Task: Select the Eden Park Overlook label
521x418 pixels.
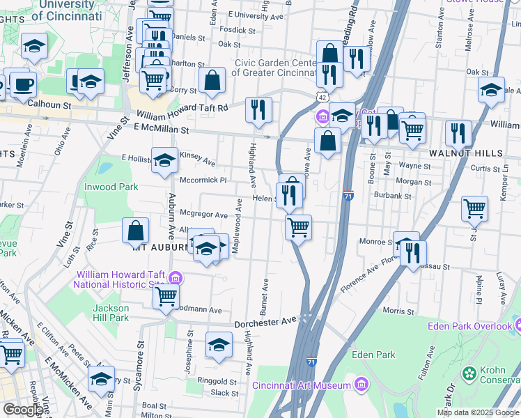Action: tap(474, 326)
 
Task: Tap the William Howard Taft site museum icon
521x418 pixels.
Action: tap(175, 279)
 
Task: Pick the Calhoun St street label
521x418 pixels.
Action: tap(49, 105)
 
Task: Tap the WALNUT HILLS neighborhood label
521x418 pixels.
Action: tap(457, 152)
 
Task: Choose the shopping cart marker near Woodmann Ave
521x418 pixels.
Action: tap(166, 296)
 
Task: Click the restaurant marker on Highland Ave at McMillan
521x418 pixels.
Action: tap(258, 110)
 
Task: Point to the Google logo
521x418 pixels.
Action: tap(22, 410)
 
